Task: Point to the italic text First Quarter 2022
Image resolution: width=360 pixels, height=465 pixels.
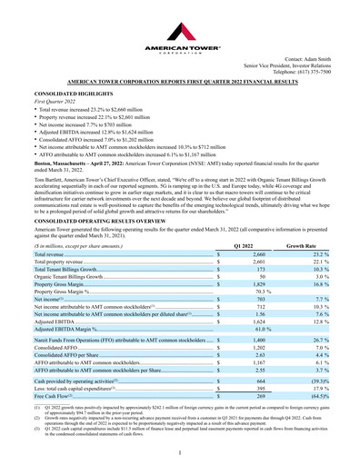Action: point(50,103)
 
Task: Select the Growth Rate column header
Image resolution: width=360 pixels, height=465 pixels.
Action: point(300,221)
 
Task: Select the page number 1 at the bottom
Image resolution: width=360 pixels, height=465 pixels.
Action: point(180,451)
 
